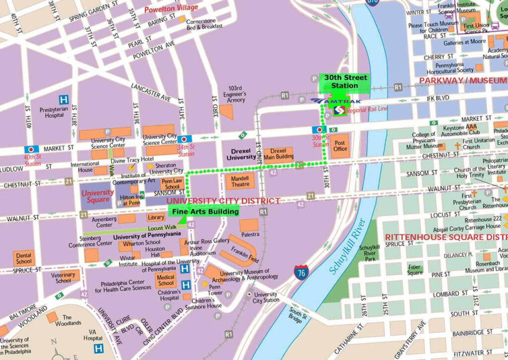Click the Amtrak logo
tap(336, 101)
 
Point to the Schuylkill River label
tap(347, 247)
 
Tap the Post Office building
tap(340, 146)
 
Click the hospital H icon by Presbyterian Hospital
tap(63, 100)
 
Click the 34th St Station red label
tap(187, 150)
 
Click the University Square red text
tap(98, 196)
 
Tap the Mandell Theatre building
tap(240, 181)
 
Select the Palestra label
tap(250, 234)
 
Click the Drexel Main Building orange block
tap(278, 154)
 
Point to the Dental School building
tap(23, 257)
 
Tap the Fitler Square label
tap(415, 270)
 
